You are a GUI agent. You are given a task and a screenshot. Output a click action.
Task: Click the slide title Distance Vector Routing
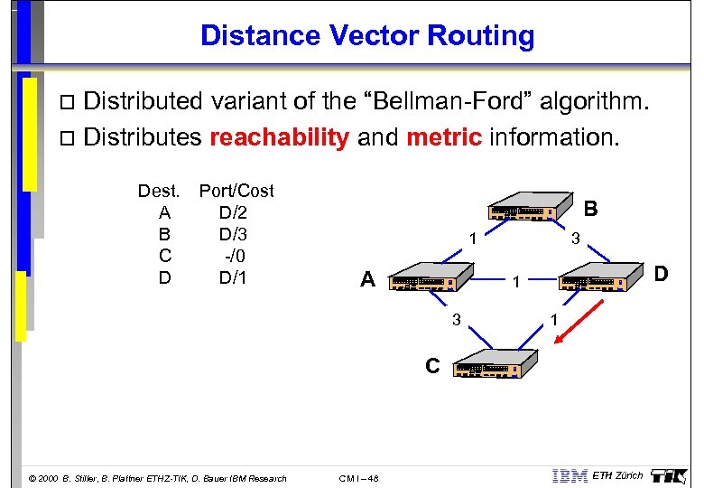(x=367, y=36)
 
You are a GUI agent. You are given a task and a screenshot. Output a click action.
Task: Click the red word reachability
(x=279, y=137)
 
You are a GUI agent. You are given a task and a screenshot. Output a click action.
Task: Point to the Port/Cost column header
(x=236, y=191)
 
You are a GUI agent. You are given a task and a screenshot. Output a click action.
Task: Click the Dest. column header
(x=160, y=191)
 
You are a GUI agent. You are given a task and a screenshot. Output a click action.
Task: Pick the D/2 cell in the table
(x=233, y=212)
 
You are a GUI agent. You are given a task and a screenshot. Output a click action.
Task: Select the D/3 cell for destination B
(x=233, y=234)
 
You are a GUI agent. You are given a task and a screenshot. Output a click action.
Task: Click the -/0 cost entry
(x=235, y=256)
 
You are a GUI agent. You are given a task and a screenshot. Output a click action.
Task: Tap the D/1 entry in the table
(x=233, y=277)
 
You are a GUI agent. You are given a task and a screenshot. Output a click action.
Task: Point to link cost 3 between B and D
(x=574, y=239)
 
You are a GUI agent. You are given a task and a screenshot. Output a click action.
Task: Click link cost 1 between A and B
(x=470, y=239)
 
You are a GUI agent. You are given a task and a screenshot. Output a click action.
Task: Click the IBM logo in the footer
(x=569, y=476)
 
